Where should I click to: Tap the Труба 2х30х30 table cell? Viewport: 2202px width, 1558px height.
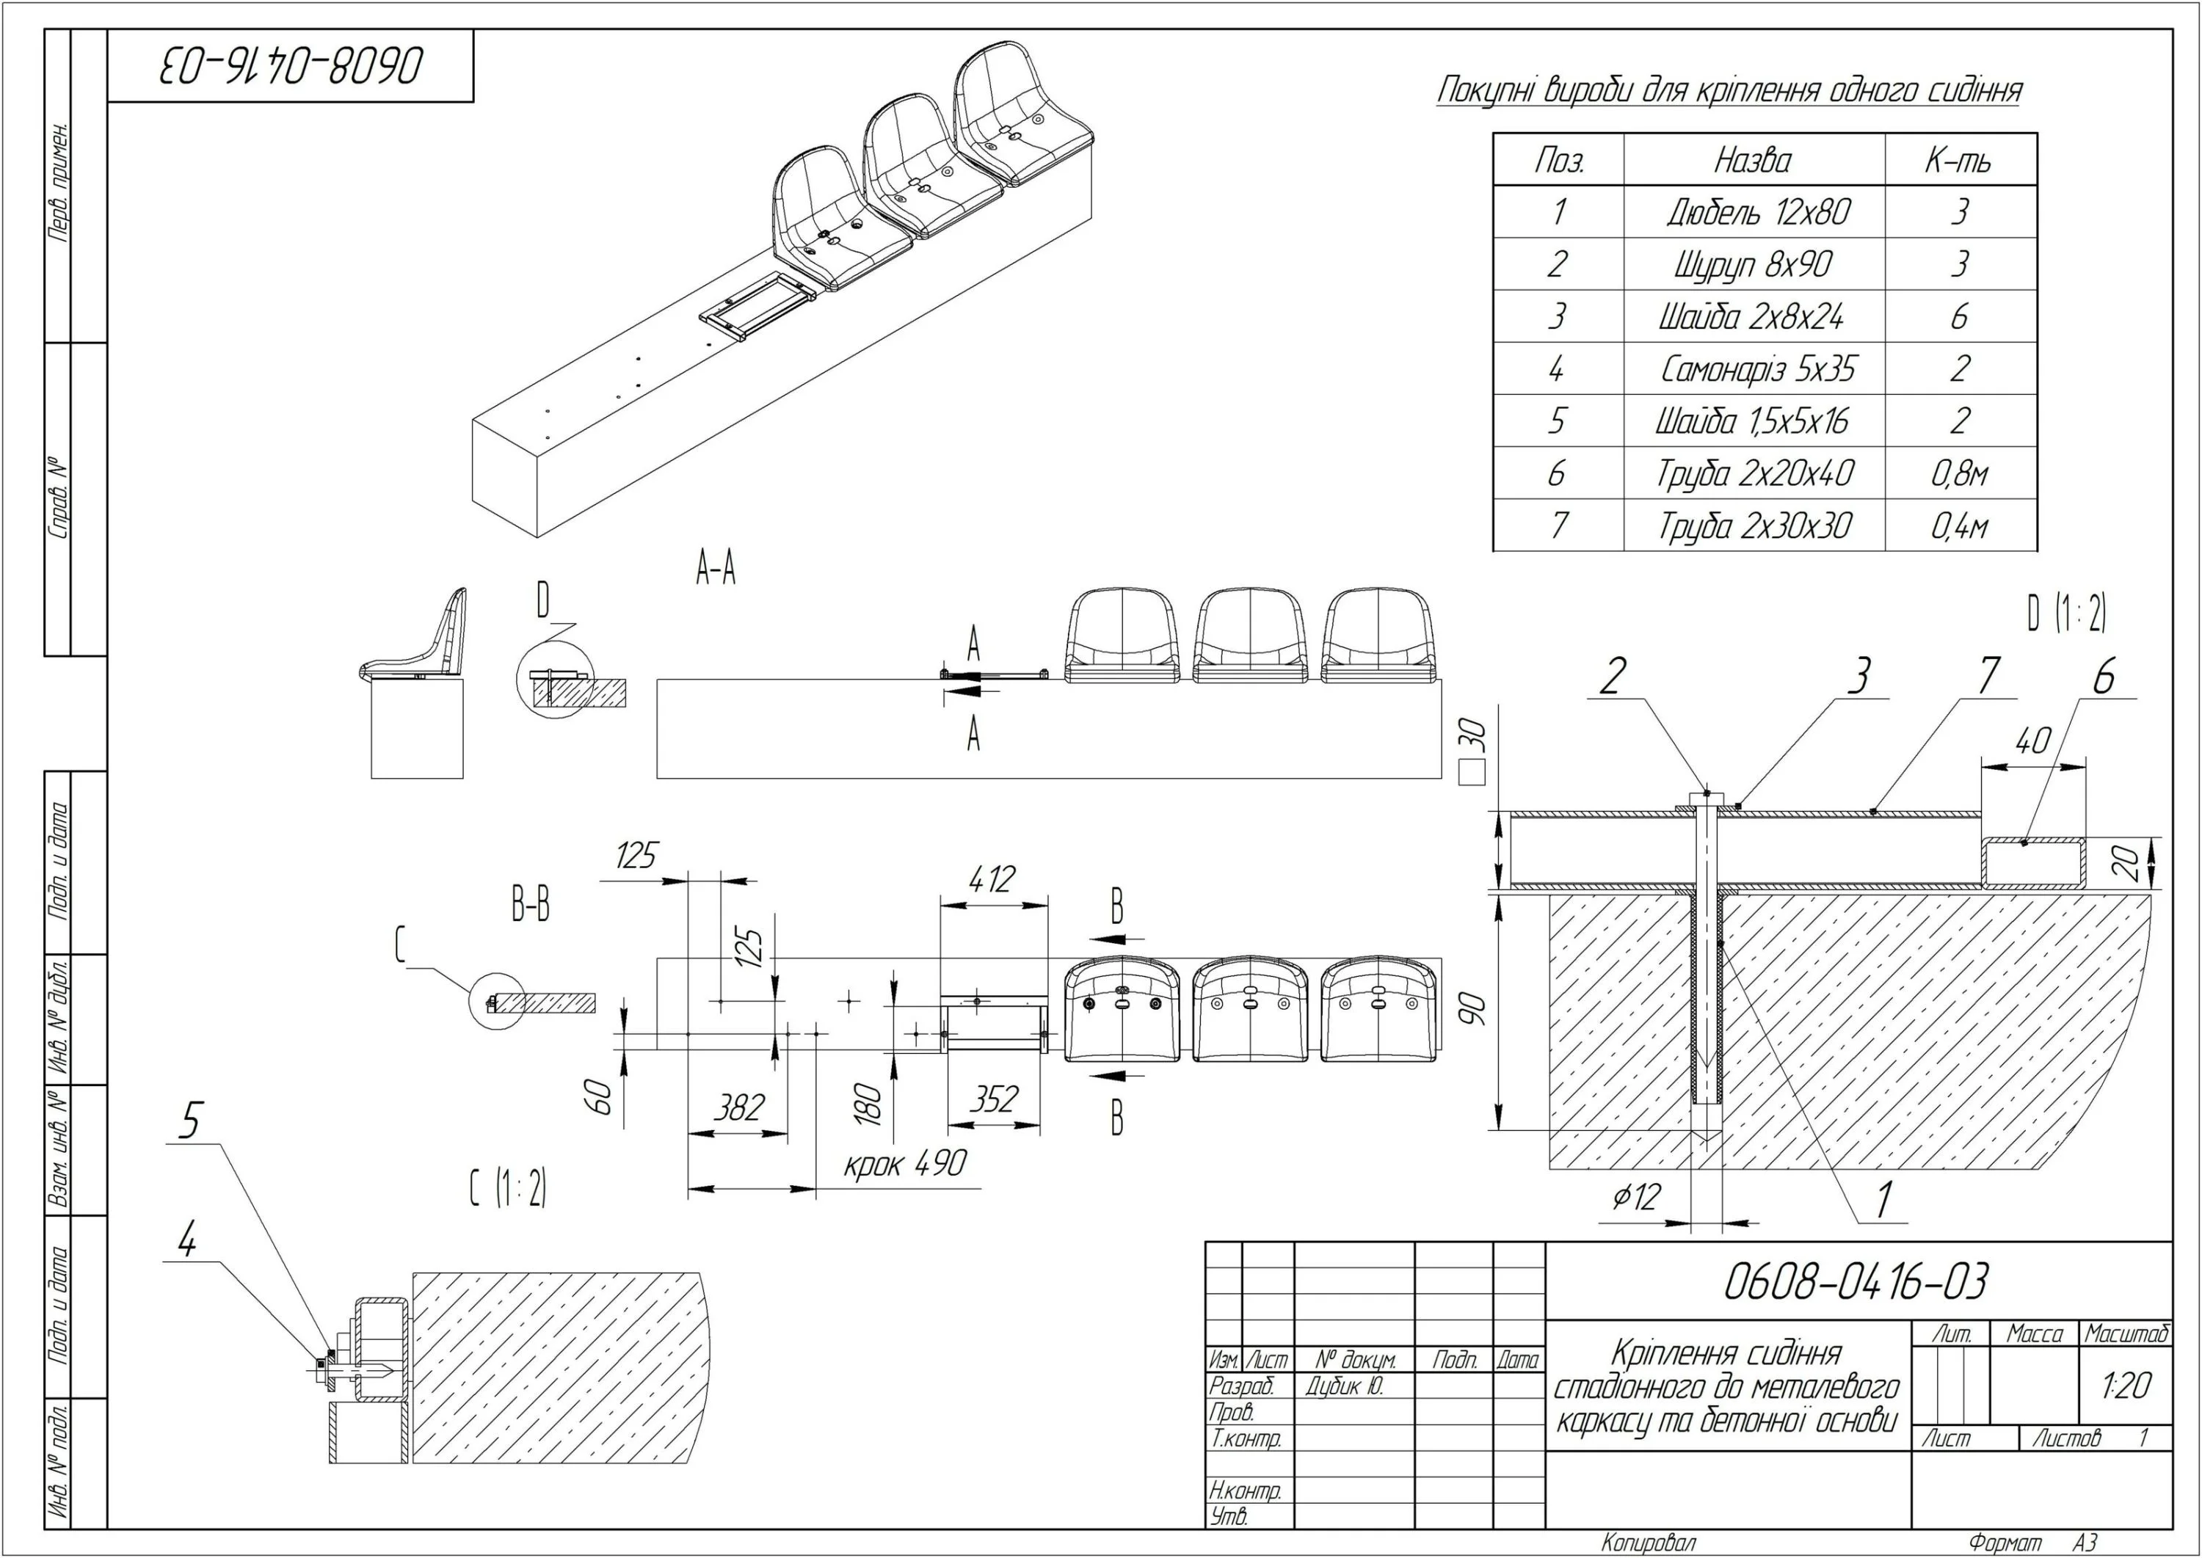pos(1755,525)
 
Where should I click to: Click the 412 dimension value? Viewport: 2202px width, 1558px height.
pos(991,878)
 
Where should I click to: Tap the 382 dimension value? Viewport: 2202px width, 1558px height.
pos(739,1107)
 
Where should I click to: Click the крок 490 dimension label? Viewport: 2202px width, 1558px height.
pos(905,1164)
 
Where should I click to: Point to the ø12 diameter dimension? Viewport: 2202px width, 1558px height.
pos(1636,1196)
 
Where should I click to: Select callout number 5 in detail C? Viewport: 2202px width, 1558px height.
pos(191,1121)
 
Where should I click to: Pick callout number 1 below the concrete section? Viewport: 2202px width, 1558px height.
pos(1883,1199)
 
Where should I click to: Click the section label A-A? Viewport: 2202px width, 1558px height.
pos(716,570)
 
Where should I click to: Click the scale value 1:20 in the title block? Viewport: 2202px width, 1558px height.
pos(2125,1386)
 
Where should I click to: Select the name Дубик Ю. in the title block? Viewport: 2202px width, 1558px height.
pos(1344,1386)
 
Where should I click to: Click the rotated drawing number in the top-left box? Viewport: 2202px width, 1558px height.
pos(291,65)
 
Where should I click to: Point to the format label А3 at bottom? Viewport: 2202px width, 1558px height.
pos(2084,1543)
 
